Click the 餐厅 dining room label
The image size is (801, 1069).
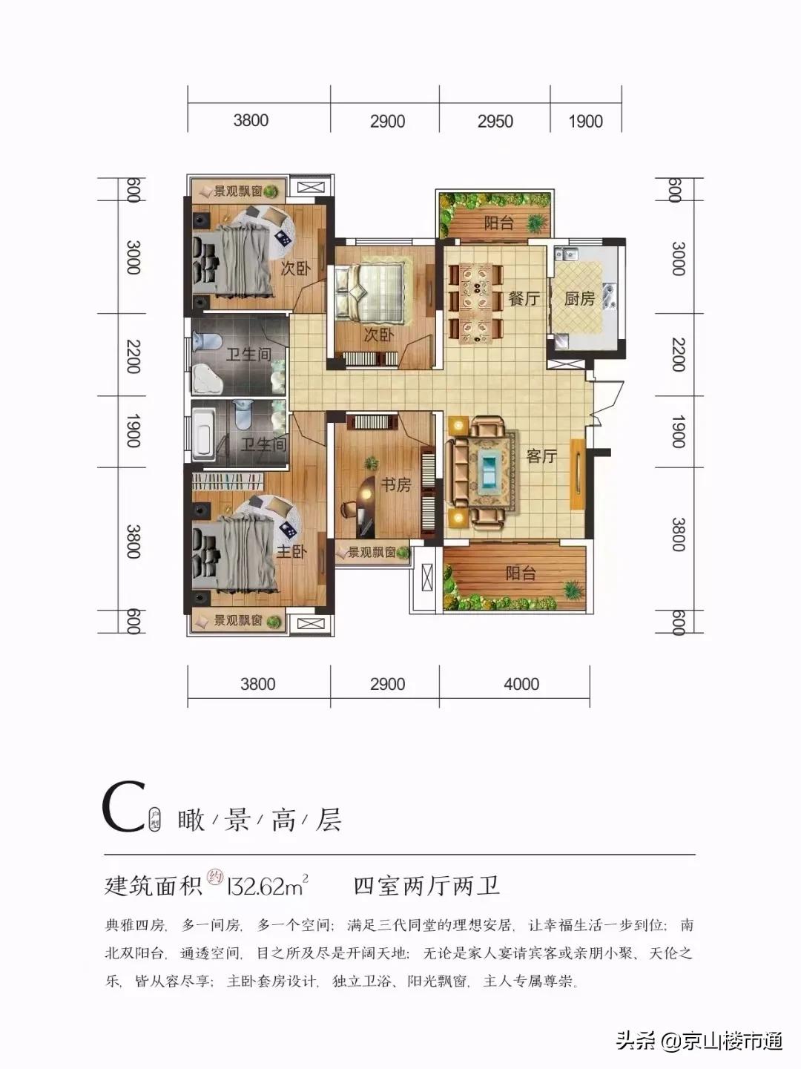(x=524, y=299)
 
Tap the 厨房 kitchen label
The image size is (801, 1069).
(x=579, y=299)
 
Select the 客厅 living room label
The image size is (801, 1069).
(x=541, y=456)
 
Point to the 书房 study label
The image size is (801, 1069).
(x=395, y=485)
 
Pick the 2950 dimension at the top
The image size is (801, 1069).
(x=495, y=121)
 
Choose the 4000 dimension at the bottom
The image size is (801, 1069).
(x=521, y=684)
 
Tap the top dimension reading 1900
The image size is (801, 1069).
(x=585, y=121)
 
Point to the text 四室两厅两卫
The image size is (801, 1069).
(x=426, y=886)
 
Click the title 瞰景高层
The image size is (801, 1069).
(x=260, y=820)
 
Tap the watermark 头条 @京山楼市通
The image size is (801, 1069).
(x=699, y=1042)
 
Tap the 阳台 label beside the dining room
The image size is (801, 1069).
(x=498, y=223)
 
